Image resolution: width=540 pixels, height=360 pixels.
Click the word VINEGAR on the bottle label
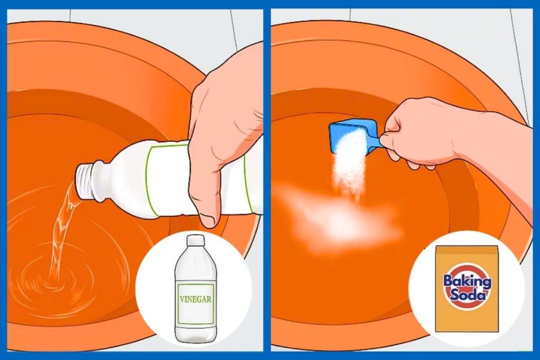click(x=196, y=299)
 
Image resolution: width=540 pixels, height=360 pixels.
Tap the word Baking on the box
click(x=467, y=281)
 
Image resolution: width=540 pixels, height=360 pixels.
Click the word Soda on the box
click(x=467, y=295)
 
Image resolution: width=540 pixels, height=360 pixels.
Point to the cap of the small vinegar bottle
click(x=195, y=240)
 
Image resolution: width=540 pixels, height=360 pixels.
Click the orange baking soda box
click(x=467, y=288)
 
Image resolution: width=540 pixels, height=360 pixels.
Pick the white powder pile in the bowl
click(x=339, y=217)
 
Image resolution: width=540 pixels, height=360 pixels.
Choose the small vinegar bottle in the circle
click(x=195, y=288)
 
